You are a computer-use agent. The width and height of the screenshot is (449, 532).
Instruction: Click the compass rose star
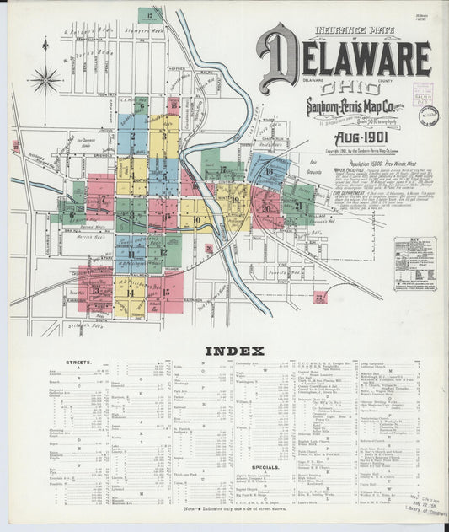tap(45, 80)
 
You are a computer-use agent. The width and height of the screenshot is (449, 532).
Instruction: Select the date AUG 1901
tap(361, 137)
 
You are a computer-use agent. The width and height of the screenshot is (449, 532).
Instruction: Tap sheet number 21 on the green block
tap(298, 204)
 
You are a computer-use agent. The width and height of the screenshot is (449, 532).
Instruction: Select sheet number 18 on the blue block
tap(269, 171)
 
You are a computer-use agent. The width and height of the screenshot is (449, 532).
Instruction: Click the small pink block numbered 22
tap(320, 297)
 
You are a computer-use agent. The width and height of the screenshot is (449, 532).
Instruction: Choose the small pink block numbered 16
tap(174, 105)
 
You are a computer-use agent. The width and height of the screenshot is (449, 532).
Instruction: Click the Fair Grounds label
tap(313, 166)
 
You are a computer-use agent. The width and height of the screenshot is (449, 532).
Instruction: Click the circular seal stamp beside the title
tap(428, 116)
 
